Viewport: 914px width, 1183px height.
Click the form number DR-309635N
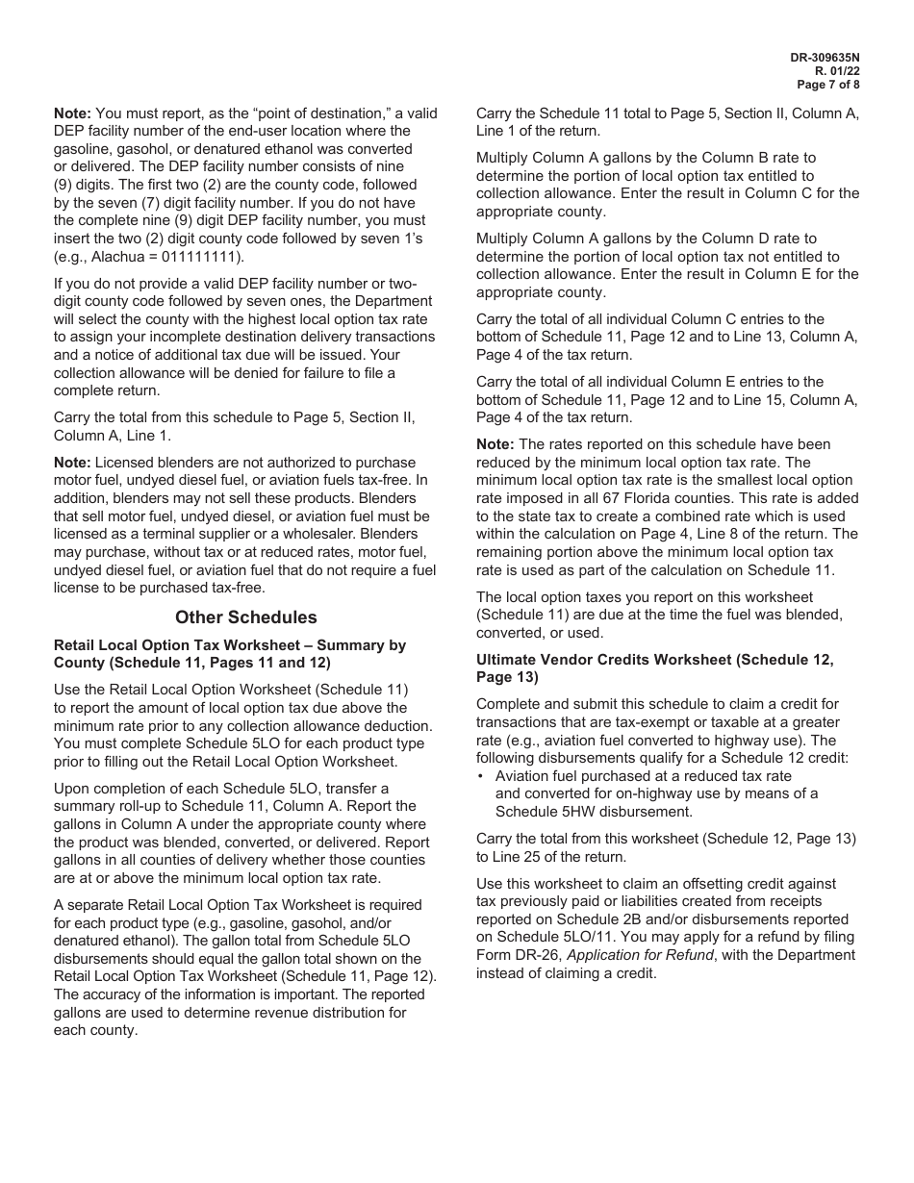[825, 58]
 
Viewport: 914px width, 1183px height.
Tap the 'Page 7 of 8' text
[828, 85]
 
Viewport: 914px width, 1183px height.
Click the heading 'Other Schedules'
[245, 617]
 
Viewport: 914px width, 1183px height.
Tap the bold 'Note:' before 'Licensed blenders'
[72, 463]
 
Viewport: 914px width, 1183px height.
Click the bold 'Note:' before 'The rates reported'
[495, 444]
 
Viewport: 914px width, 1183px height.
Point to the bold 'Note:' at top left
[72, 113]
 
